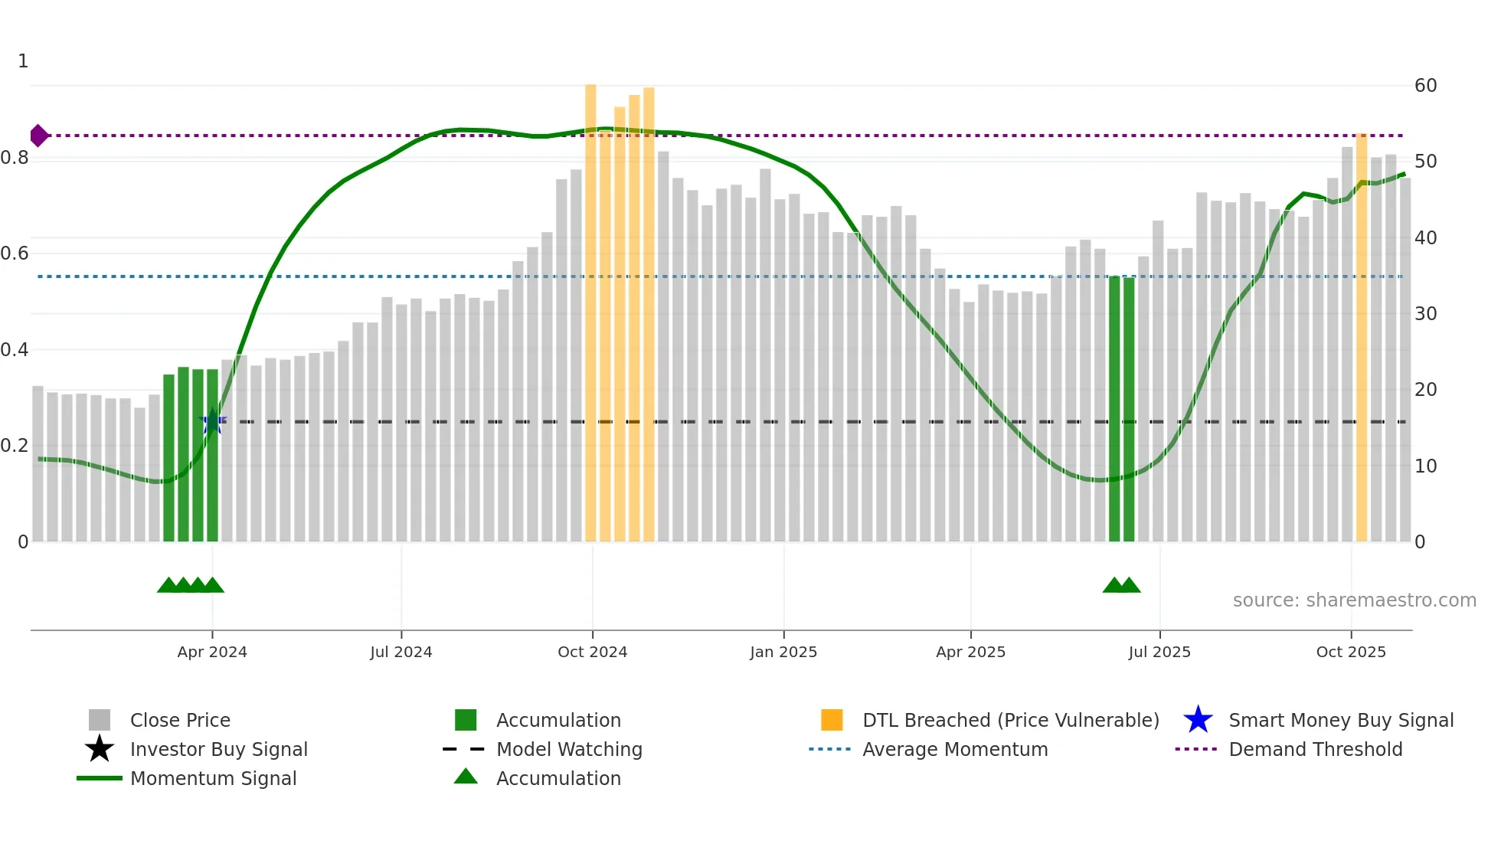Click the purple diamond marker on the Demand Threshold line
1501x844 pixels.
(39, 136)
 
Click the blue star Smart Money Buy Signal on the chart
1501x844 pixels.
(212, 421)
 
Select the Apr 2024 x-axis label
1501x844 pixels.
(212, 652)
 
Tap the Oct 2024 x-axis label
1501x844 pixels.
(592, 652)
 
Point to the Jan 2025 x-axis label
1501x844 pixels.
(783, 652)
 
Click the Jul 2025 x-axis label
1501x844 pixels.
(1159, 652)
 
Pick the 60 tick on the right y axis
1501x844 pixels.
(1425, 86)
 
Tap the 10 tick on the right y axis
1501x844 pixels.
(1425, 466)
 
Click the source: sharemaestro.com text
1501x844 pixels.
(1354, 600)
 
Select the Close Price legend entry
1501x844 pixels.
(180, 720)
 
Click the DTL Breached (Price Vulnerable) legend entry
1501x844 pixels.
(1010, 720)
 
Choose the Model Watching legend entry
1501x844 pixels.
(568, 749)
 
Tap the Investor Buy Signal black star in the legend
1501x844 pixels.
(100, 749)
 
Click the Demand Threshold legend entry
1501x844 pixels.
(1315, 749)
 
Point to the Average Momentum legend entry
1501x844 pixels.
(954, 749)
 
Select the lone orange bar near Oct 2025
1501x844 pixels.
(1361, 337)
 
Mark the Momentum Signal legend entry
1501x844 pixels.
(213, 778)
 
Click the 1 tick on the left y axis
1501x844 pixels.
(23, 61)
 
